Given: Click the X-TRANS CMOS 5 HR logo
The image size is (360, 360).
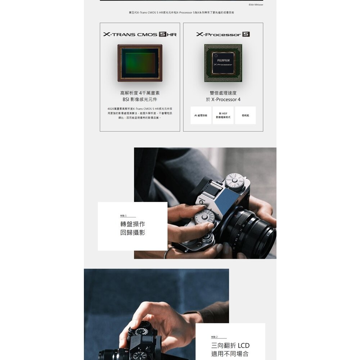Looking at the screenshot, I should click(x=140, y=35).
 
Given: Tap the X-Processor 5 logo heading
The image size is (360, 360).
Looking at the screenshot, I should click(x=223, y=35).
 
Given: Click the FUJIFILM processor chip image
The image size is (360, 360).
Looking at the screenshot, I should click(x=223, y=63).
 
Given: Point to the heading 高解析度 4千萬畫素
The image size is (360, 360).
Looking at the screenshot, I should click(x=140, y=93).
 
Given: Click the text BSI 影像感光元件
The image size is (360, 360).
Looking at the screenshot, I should click(x=140, y=99).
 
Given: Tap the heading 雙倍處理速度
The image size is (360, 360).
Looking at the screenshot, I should click(x=223, y=93).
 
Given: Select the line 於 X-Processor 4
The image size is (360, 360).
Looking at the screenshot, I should click(x=223, y=99).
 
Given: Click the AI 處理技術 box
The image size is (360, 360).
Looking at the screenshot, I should click(x=201, y=116).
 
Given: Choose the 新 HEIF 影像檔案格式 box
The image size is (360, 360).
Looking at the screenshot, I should click(x=223, y=116).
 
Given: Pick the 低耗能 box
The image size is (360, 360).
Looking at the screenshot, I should click(x=245, y=116).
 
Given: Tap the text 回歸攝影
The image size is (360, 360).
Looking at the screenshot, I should click(x=133, y=233).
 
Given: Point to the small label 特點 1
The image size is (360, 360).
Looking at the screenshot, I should click(x=123, y=216).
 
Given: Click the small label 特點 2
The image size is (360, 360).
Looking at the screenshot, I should click(x=215, y=337).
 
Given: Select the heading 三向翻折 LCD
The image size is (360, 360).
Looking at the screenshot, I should click(x=230, y=346).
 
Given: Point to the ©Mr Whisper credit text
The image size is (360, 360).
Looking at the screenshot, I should click(x=256, y=5).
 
